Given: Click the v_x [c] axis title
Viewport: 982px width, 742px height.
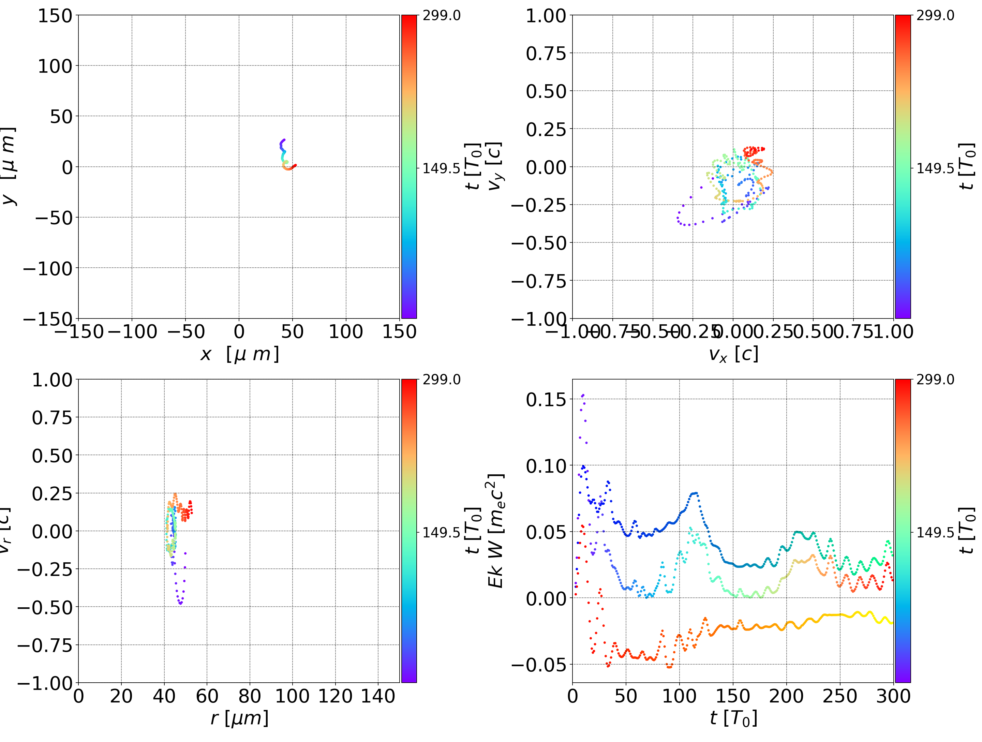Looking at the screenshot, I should click(733, 354).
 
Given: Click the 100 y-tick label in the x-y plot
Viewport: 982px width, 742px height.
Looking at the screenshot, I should click(55, 66).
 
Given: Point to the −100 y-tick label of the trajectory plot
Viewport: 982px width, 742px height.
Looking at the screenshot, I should click(47, 269).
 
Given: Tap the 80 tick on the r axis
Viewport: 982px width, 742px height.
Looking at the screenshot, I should click(250, 696).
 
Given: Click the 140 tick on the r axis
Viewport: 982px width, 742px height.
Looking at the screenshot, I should click(378, 696).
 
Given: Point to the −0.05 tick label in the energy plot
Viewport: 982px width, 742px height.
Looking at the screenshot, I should click(539, 665).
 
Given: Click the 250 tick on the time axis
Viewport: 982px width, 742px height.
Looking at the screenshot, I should click(839, 696).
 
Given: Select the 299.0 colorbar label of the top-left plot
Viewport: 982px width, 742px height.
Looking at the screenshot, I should click(441, 16).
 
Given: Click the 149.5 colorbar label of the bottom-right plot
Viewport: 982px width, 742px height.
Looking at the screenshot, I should click(935, 532).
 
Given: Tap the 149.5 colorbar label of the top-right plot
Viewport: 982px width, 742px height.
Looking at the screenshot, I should click(935, 168).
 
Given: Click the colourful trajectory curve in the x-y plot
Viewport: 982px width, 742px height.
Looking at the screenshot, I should click(285, 155).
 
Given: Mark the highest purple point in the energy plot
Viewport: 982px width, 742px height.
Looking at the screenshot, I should click(583, 395).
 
